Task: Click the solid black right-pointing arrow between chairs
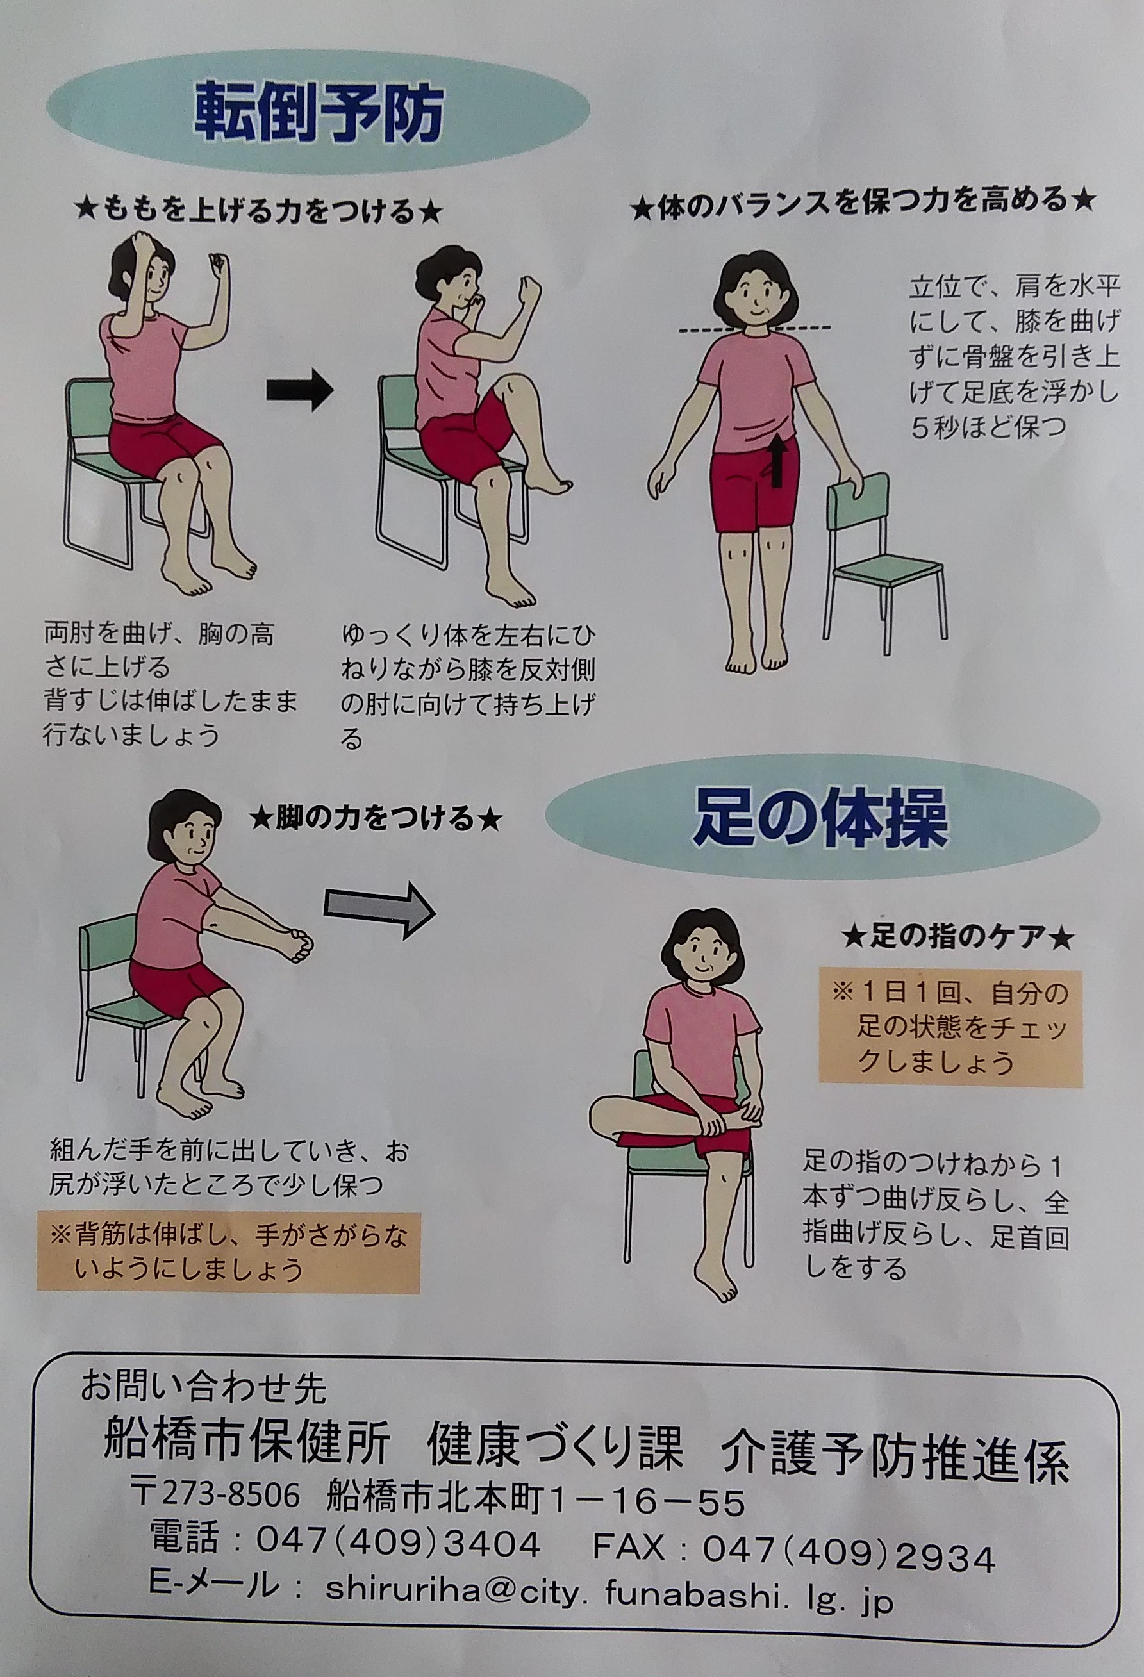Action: click(x=299, y=390)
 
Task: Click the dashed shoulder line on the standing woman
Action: click(x=756, y=330)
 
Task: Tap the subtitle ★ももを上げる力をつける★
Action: click(x=256, y=211)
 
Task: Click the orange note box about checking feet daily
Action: click(x=950, y=1029)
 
